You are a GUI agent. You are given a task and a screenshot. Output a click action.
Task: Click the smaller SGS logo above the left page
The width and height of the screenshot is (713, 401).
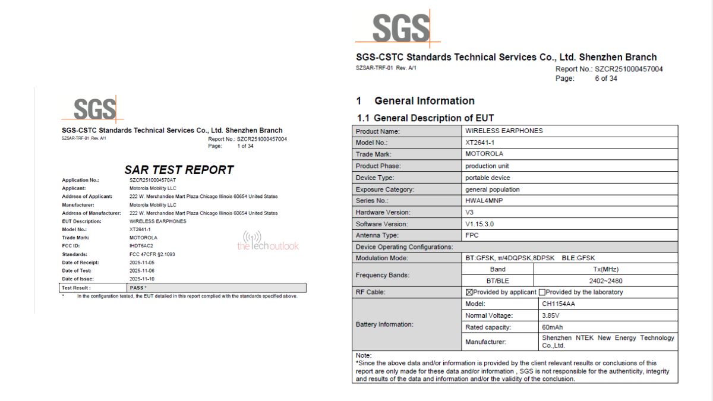[94, 110]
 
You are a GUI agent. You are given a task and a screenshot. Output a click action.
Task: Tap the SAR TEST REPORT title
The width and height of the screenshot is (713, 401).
[179, 170]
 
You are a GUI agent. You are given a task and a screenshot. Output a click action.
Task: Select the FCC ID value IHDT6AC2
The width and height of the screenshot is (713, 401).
[141, 246]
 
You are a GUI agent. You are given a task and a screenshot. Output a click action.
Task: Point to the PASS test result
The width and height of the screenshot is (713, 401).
[137, 288]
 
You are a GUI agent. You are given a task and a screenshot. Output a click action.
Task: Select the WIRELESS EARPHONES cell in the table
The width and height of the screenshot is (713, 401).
[504, 131]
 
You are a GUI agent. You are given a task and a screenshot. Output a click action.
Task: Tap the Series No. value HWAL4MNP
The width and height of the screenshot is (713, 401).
[484, 201]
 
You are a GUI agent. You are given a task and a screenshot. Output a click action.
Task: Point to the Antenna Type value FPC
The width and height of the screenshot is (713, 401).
[472, 235]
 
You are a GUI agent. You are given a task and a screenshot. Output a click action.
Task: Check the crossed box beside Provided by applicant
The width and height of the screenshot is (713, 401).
[469, 292]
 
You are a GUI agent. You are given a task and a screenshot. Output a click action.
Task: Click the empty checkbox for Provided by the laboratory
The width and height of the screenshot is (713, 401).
[542, 292]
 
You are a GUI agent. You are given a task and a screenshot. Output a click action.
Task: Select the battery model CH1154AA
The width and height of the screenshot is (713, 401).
[558, 304]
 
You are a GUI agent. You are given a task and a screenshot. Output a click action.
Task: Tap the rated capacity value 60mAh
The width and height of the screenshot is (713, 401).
[552, 327]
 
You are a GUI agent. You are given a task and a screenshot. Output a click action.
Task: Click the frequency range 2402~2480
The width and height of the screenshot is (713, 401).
[605, 281]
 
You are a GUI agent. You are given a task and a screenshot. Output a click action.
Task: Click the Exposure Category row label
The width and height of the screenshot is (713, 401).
[385, 190]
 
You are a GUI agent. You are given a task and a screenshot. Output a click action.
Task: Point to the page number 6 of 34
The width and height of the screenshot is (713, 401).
[605, 78]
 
